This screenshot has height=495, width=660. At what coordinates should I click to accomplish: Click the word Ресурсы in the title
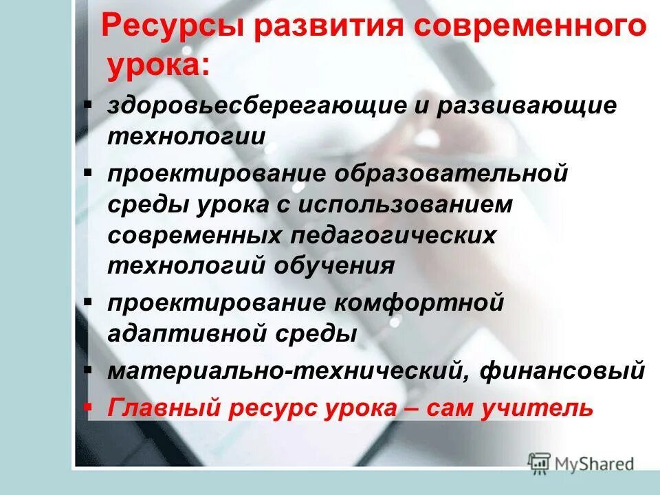coord(175,28)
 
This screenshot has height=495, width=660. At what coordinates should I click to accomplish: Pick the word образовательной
coord(452,173)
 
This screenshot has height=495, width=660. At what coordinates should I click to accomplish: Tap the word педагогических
coord(393,235)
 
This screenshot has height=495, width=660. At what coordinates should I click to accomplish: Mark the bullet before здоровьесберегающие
coord(87,104)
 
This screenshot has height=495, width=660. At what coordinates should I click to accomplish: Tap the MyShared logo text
coord(595,464)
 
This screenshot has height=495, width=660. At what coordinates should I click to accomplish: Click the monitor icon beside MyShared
coord(540,463)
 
